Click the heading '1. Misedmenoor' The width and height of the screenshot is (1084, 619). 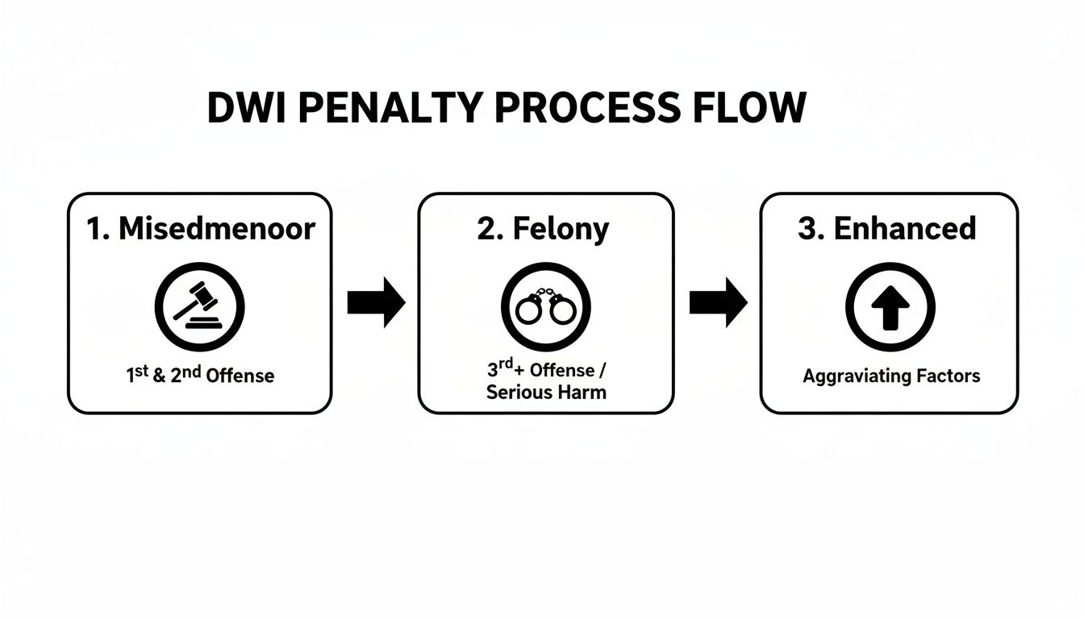tap(200, 229)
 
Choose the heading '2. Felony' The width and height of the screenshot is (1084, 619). tap(544, 229)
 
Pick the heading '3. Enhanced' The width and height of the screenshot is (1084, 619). tap(887, 229)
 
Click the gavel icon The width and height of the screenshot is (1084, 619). tap(199, 307)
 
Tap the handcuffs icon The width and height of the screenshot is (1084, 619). tap(545, 307)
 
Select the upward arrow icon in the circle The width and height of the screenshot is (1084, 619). tap(890, 307)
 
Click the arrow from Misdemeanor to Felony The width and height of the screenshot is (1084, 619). tap(376, 303)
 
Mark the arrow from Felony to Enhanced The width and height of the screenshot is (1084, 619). tap(718, 303)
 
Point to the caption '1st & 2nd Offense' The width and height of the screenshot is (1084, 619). tap(200, 375)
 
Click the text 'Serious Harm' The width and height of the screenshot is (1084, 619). tap(546, 393)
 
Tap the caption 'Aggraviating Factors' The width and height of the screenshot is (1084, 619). tap(891, 376)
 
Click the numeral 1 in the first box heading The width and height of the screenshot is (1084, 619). tap(94, 229)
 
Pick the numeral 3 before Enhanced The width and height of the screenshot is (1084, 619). tap(808, 229)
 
